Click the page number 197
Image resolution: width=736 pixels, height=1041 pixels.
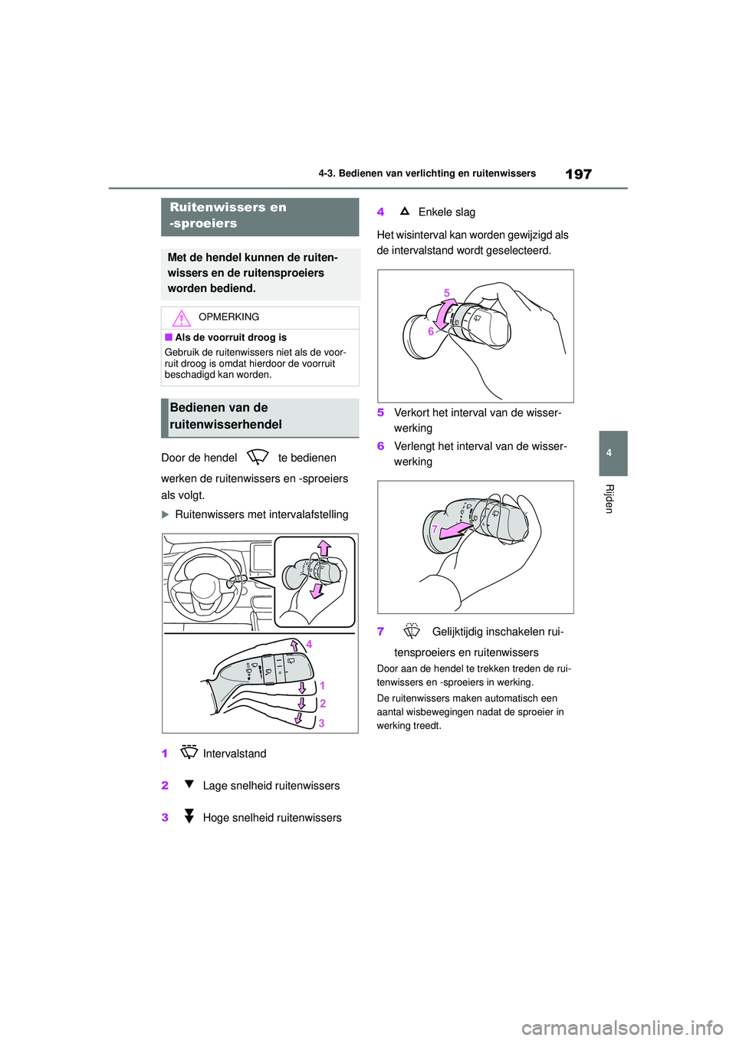[x=578, y=174]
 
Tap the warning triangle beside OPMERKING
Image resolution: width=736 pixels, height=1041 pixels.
[x=181, y=317]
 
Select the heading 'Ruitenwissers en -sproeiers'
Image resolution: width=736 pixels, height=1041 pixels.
[x=228, y=215]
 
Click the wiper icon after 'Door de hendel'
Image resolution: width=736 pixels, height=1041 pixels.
[x=258, y=457]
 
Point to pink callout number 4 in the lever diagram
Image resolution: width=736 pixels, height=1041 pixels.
[x=309, y=645]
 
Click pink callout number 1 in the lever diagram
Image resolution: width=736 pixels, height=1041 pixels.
[x=322, y=685]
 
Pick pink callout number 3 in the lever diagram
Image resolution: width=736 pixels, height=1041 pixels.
[x=321, y=723]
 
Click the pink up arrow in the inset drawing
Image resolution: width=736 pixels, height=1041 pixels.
[x=324, y=547]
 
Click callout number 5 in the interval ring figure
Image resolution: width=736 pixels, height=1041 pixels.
[x=447, y=293]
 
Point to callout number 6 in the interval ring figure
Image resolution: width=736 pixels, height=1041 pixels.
[x=431, y=331]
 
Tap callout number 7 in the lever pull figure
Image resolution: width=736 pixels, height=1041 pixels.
[x=435, y=529]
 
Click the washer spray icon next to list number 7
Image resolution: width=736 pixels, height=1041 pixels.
[x=412, y=631]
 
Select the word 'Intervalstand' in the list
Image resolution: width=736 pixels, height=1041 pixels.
[x=235, y=754]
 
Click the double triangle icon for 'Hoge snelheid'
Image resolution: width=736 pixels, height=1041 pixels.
[x=189, y=816]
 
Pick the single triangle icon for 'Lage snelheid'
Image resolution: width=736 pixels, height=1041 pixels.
[x=189, y=784]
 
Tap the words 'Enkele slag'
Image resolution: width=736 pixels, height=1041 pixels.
[x=447, y=212]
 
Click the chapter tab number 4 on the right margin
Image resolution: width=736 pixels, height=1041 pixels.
[x=609, y=453]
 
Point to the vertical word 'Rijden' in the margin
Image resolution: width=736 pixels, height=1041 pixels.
[x=609, y=498]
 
